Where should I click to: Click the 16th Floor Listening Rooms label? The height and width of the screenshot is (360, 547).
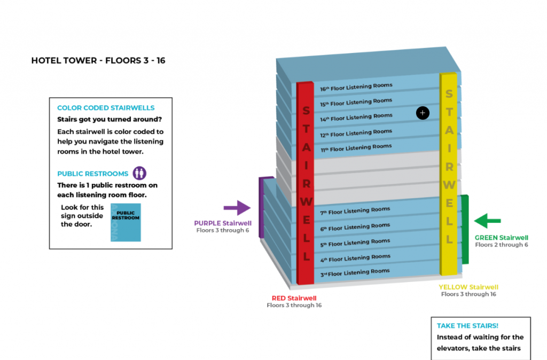356,87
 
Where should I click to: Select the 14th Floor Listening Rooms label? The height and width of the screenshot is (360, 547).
356,117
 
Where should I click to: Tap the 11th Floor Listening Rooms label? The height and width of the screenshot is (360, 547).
356,147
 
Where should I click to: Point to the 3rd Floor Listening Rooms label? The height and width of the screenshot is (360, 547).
355,272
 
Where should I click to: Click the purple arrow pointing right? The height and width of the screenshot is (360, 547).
237,208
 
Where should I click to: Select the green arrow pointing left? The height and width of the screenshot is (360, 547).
487,220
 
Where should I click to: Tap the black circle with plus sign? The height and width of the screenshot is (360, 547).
423,113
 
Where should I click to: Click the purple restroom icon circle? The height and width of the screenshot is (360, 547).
139,173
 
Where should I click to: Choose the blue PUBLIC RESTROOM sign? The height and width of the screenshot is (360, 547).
126,222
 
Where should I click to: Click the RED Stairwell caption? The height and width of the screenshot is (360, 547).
294,298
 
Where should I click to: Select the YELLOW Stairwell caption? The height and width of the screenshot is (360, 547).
468,287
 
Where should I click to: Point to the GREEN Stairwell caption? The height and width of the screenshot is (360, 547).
502,238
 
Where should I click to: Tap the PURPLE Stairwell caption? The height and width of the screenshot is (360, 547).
222,223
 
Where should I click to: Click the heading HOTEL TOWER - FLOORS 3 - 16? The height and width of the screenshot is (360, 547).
98,61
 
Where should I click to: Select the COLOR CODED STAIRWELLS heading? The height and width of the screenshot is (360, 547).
106,108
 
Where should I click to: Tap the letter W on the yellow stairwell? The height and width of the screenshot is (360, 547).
449,185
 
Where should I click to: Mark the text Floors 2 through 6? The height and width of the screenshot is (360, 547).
502,245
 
